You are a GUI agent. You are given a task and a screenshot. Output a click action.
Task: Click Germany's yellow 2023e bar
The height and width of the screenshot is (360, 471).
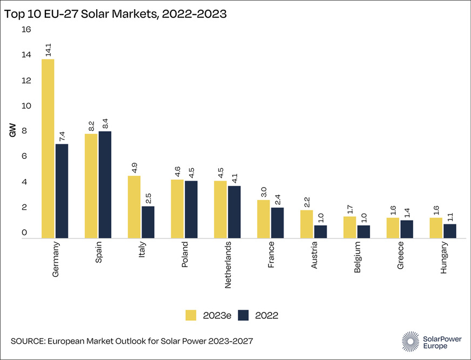[x=48, y=149]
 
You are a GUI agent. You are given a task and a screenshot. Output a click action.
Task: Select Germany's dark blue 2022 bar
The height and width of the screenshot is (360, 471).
[x=62, y=191]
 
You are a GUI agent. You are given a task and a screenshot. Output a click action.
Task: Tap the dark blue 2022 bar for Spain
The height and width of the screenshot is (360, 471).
[x=104, y=184]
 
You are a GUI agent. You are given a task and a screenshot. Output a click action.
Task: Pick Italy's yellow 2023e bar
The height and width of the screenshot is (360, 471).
[x=134, y=207]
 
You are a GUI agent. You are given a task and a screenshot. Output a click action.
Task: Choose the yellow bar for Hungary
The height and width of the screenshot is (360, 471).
[x=435, y=228]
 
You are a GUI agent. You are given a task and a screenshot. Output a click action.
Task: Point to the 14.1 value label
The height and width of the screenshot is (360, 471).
[x=48, y=51]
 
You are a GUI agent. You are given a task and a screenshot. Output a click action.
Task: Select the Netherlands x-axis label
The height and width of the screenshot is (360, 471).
[x=228, y=264]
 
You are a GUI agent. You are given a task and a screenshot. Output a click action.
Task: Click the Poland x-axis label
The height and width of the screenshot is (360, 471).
[x=185, y=257]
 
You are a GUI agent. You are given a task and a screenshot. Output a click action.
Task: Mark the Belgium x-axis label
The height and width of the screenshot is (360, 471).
[x=358, y=258]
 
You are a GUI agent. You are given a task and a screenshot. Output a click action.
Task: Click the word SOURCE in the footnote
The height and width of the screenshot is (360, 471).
[x=27, y=341]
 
